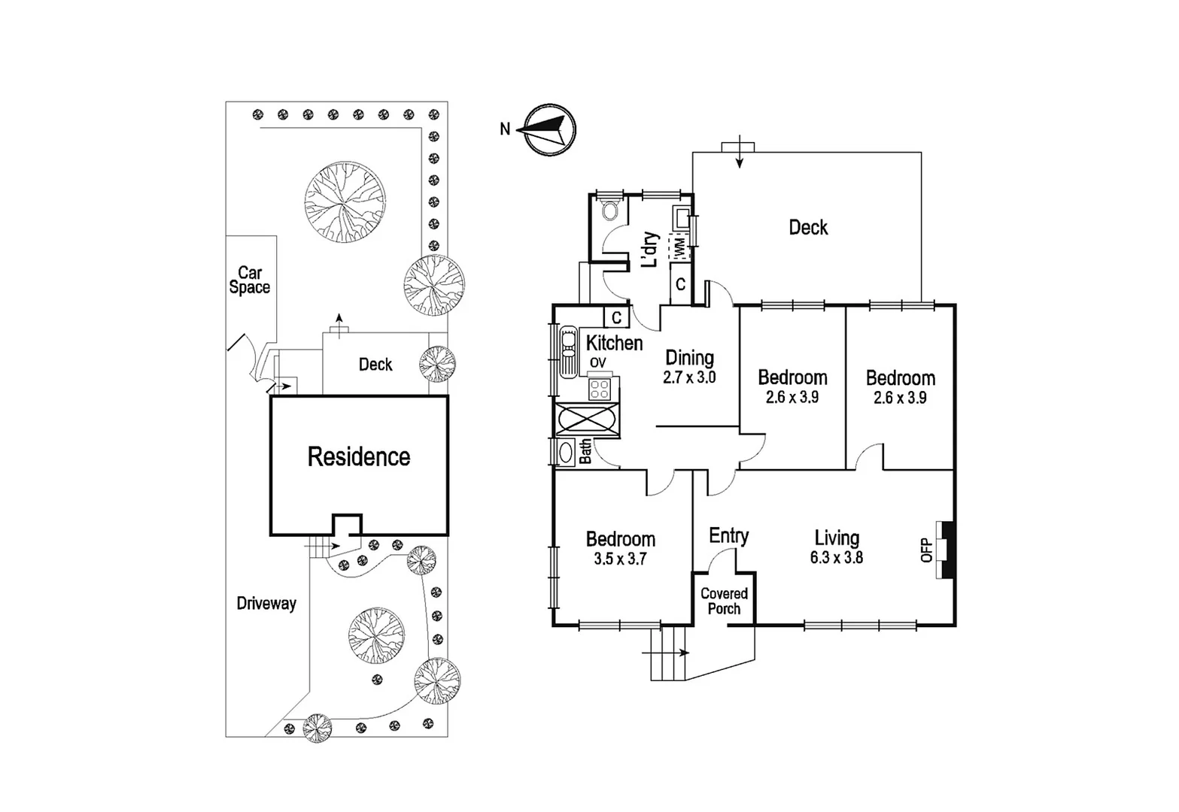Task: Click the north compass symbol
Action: click(550, 130)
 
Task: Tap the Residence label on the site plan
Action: click(359, 456)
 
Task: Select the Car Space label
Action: click(250, 280)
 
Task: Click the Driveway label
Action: click(266, 603)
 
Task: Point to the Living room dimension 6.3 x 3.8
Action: click(837, 558)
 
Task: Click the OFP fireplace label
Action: click(927, 550)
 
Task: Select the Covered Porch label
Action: click(724, 601)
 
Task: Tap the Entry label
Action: click(728, 535)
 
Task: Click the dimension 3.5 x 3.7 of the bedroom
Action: click(620, 559)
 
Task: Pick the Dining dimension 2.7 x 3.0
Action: click(689, 378)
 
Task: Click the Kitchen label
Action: click(614, 343)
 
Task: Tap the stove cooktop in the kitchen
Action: click(600, 389)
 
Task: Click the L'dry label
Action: click(649, 250)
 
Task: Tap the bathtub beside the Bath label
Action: click(565, 453)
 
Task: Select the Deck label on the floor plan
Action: click(808, 227)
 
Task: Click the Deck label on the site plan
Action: click(375, 365)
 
